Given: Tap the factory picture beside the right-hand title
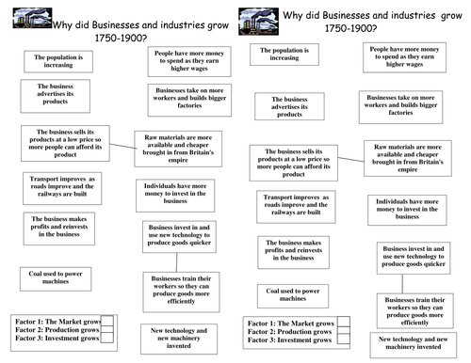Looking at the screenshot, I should pyautogui.click(x=254, y=17).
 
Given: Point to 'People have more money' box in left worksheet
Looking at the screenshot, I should pyautogui.click(x=186, y=64).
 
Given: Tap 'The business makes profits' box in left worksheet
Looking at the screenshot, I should pyautogui.click(x=59, y=227).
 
